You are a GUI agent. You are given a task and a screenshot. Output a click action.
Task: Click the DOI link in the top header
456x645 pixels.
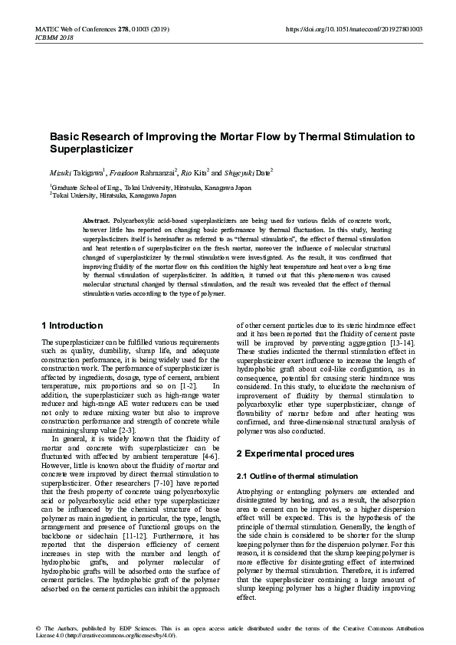pyautogui.click(x=353, y=29)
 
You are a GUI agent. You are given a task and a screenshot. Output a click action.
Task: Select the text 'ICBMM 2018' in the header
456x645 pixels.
pyautogui.click(x=54, y=37)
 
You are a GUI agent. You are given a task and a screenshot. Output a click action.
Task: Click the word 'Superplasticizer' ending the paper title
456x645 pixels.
pyautogui.click(x=91, y=149)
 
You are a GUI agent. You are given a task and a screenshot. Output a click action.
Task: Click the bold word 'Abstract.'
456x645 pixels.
pyautogui.click(x=96, y=220)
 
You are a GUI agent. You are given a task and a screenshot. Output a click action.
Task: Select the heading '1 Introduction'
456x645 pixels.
pyautogui.click(x=72, y=326)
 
